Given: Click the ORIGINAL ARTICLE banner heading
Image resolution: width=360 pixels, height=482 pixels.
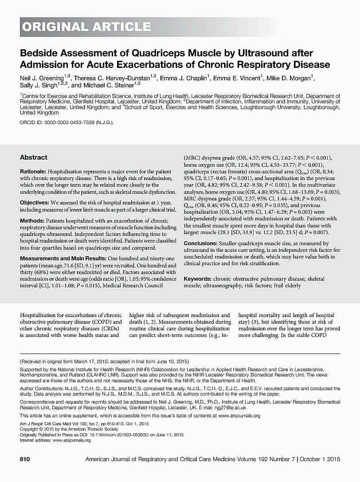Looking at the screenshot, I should point(87,27).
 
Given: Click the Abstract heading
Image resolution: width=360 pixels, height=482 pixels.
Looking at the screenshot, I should point(33,157).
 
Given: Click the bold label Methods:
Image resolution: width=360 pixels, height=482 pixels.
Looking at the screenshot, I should point(32,220).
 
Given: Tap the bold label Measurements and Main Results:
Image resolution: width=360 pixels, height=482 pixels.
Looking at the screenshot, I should point(57,258).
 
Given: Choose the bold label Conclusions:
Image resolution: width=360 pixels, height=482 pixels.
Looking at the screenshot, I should point(200,243).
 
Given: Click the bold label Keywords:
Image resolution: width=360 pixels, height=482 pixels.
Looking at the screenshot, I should point(197,279).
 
